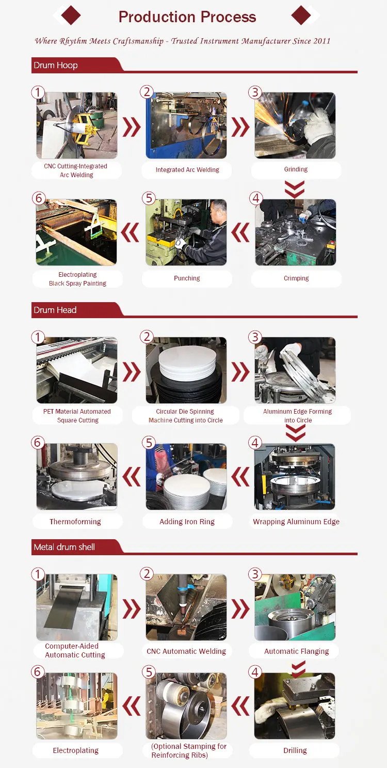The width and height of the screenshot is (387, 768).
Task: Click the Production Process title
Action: pyautogui.click(x=187, y=17)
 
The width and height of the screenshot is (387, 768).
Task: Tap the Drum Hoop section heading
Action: pyautogui.click(x=56, y=66)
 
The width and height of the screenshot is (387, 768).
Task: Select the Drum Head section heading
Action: pyautogui.click(x=55, y=310)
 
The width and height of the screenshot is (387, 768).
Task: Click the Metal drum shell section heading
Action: pyautogui.click(x=64, y=547)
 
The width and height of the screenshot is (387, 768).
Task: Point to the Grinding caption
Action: pyautogui.click(x=296, y=169)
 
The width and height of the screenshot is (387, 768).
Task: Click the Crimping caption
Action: pyautogui.click(x=296, y=278)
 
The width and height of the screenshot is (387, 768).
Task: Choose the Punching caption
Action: pyautogui.click(x=187, y=278)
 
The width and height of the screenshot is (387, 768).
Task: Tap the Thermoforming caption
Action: pyautogui.click(x=75, y=522)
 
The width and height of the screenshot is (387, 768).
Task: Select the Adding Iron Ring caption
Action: pyautogui.click(x=187, y=522)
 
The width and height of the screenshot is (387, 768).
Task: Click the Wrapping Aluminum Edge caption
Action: pyautogui.click(x=296, y=522)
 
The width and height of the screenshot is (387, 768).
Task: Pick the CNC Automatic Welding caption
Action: pyautogui.click(x=186, y=651)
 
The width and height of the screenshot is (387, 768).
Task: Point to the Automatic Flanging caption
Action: pyautogui.click(x=296, y=651)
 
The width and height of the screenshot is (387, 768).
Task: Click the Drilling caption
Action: pyautogui.click(x=295, y=750)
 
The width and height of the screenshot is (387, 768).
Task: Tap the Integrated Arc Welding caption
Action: pyautogui.click(x=187, y=170)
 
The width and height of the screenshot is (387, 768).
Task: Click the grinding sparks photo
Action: pyautogui.click(x=295, y=125)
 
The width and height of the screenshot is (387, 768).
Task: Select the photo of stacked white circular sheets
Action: pyautogui.click(x=186, y=370)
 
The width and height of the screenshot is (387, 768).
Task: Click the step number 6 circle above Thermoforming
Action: pyautogui.click(x=38, y=443)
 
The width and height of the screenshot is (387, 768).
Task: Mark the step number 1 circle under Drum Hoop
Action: pyautogui.click(x=38, y=92)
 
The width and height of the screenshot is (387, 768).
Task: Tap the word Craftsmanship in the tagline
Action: pyautogui.click(x=136, y=41)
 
